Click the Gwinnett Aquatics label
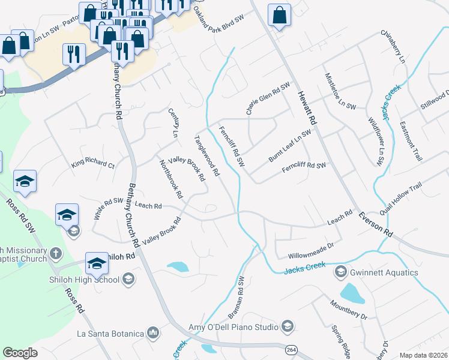pyautogui.click(x=384, y=272)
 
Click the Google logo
pyautogui.click(x=20, y=353)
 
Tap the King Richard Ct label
pyautogui.click(x=92, y=164)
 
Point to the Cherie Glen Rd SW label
pyautogui.click(x=268, y=98)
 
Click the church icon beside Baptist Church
pyautogui.click(x=55, y=253)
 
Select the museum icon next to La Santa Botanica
pyautogui.click(x=154, y=332)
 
